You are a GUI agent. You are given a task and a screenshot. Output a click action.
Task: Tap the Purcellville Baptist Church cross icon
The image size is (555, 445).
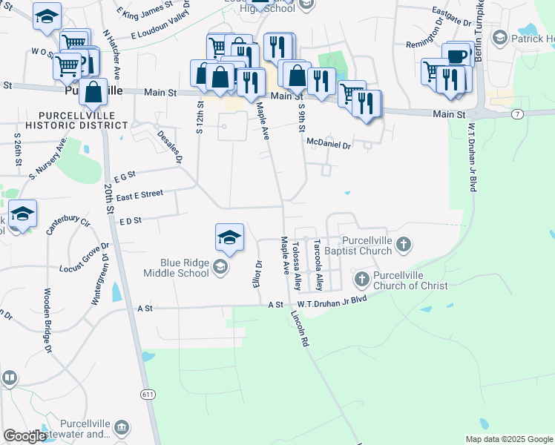[x=403, y=243]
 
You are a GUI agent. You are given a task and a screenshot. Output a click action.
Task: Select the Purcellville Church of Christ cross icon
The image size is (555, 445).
[x=361, y=279]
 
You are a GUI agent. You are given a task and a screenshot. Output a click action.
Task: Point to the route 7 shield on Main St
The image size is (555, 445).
[x=517, y=113]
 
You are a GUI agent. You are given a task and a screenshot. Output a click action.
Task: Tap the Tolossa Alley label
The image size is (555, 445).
[x=298, y=266]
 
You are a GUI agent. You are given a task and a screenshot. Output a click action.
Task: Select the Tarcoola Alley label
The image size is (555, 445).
[x=318, y=264]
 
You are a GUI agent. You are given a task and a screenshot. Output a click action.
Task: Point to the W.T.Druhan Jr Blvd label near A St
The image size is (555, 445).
[x=332, y=300]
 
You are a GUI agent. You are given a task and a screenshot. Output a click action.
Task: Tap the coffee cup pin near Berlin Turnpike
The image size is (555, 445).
[x=458, y=56]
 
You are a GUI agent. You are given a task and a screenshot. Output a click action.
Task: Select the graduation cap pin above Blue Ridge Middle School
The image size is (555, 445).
[x=229, y=237]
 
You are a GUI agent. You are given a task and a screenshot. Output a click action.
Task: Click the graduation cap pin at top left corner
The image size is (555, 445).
[x=47, y=16]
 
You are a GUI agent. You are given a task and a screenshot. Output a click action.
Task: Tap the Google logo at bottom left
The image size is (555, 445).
[x=25, y=436]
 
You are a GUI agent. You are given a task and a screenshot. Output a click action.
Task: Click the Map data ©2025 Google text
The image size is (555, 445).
[x=508, y=439]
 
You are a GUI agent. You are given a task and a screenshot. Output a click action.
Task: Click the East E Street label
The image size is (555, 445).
[x=139, y=194]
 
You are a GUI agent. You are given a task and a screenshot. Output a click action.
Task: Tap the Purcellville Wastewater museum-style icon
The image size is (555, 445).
[x=122, y=427]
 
